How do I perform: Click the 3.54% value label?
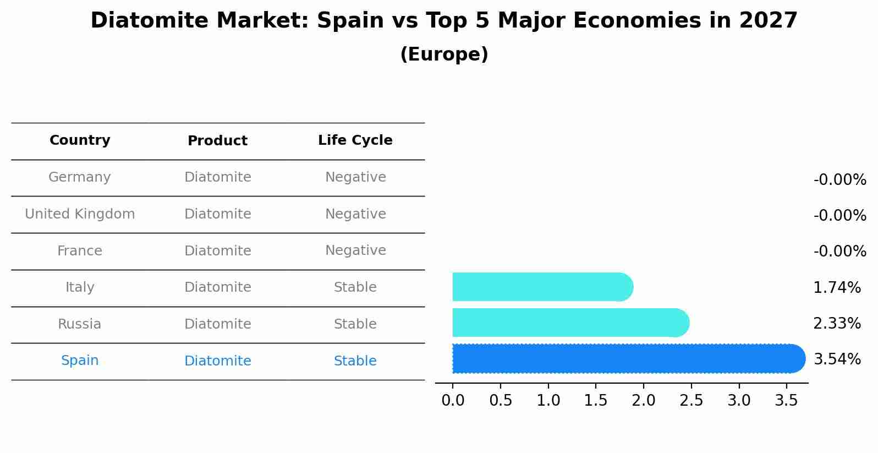(837, 359)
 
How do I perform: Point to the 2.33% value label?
(837, 324)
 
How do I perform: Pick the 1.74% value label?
(837, 287)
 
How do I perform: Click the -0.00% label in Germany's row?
(839, 180)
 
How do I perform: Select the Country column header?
(80, 140)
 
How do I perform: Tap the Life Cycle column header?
(355, 140)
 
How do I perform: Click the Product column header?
(217, 141)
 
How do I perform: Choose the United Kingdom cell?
(80, 214)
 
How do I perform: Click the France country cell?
(80, 251)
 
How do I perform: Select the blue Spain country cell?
(80, 361)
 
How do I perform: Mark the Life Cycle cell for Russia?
(355, 324)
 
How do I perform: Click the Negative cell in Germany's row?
(355, 177)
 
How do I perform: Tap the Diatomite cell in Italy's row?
(217, 287)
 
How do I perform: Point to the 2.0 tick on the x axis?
(643, 401)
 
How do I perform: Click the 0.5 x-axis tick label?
(500, 401)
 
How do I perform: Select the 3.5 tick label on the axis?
(786, 401)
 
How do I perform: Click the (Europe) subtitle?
(444, 54)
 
